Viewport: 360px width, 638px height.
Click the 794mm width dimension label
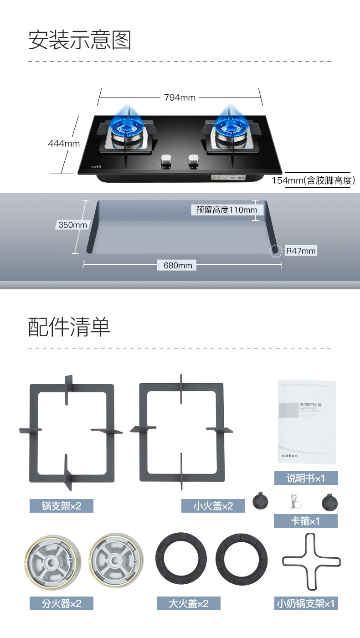pos(180,97)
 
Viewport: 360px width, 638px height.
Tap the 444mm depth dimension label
pos(64,144)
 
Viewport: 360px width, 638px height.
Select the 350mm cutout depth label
pos(72,225)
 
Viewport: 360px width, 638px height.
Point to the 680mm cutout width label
pos(177,265)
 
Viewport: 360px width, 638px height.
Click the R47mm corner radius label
pos(300,251)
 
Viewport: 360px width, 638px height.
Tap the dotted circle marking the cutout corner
pos(275,251)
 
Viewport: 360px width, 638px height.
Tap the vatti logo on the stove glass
pos(96,166)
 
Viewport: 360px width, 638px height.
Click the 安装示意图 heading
pos(80,40)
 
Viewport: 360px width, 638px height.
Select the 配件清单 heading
pos(69,327)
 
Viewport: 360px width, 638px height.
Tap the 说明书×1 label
pos(306,478)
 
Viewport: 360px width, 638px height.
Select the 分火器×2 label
pos(62,603)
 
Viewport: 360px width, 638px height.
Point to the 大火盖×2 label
pos(188,603)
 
